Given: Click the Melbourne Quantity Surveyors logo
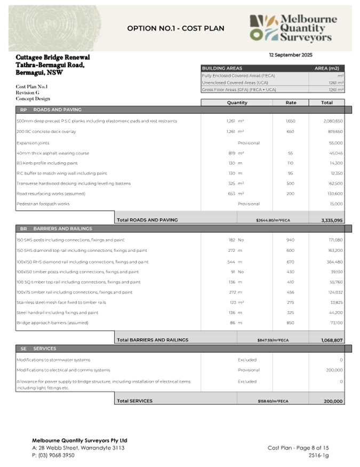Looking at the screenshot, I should tap(294, 28).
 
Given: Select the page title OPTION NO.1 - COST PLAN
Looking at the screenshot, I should tap(175, 28).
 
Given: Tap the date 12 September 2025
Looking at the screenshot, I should tap(291, 55).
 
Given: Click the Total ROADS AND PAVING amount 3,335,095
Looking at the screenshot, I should tap(332, 220).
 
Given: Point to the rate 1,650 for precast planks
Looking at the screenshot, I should tap(291, 121).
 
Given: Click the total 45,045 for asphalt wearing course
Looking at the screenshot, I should tap(334, 153).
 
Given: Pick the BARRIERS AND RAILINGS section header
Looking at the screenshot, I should tap(67, 229).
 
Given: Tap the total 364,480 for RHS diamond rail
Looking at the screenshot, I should tap(333, 262).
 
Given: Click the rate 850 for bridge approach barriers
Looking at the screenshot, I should tap(291, 323).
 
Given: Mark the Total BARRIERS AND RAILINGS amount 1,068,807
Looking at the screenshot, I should tap(332, 339).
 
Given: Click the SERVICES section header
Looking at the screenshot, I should tap(45, 349).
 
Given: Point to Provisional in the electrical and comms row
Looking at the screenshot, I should tap(249, 370).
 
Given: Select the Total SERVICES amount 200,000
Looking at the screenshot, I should tap(333, 401).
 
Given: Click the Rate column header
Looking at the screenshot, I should tap(291, 102).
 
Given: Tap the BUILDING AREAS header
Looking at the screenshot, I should tap(222, 68).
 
